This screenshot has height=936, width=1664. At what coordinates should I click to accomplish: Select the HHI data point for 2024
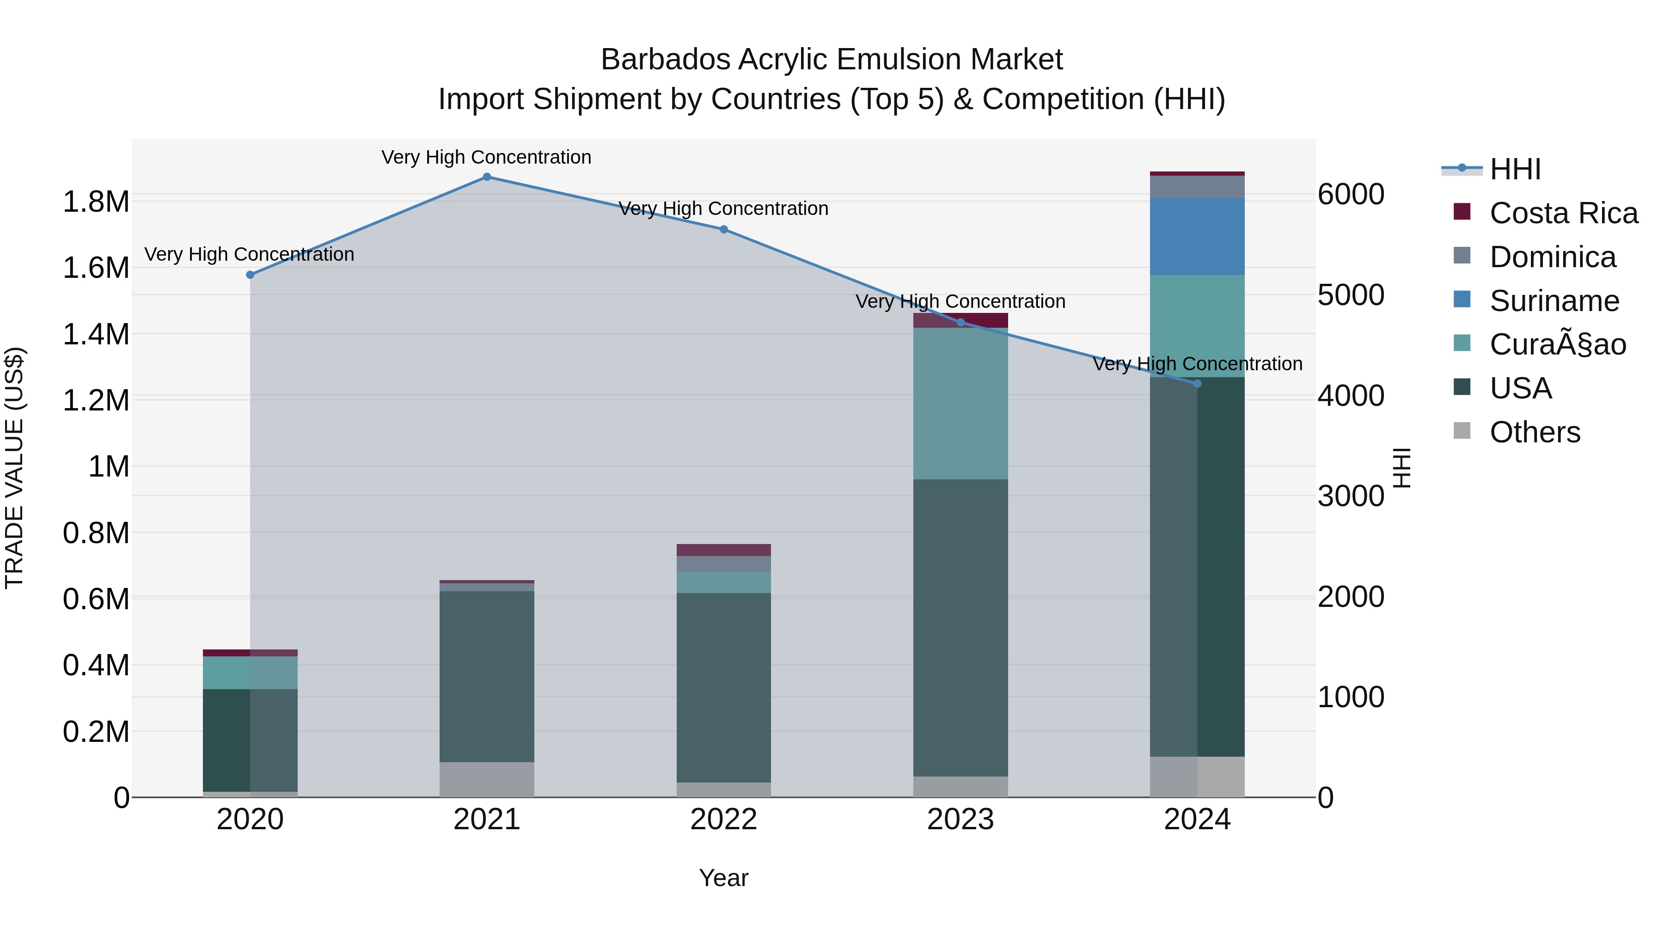pos(1197,384)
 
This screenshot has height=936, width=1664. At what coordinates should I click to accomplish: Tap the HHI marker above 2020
pos(250,275)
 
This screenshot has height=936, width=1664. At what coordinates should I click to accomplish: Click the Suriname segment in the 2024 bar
pos(1197,236)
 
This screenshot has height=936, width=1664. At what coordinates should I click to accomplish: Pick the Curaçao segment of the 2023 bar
pos(960,404)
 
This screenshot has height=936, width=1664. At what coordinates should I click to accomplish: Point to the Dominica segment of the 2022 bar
pos(723,564)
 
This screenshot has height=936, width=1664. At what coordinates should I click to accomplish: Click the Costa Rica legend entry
pos(1563,213)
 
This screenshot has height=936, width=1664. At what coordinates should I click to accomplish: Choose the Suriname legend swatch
pos(1462,300)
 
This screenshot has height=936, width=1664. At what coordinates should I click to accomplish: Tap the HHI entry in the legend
pos(1515,169)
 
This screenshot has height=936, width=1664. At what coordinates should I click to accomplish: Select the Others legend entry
pos(1534,432)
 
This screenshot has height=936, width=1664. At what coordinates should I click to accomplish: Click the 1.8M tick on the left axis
pos(96,202)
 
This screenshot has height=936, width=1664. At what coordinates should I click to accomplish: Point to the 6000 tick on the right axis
pos(1351,195)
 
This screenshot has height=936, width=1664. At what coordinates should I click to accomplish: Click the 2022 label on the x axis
pos(723,820)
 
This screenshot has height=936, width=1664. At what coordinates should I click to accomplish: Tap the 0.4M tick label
pos(96,665)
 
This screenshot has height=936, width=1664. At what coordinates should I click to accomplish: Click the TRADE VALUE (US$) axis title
pos(14,468)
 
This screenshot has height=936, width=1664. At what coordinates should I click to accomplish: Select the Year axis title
pos(723,878)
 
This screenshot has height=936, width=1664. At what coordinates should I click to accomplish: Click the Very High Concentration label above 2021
pos(486,157)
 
